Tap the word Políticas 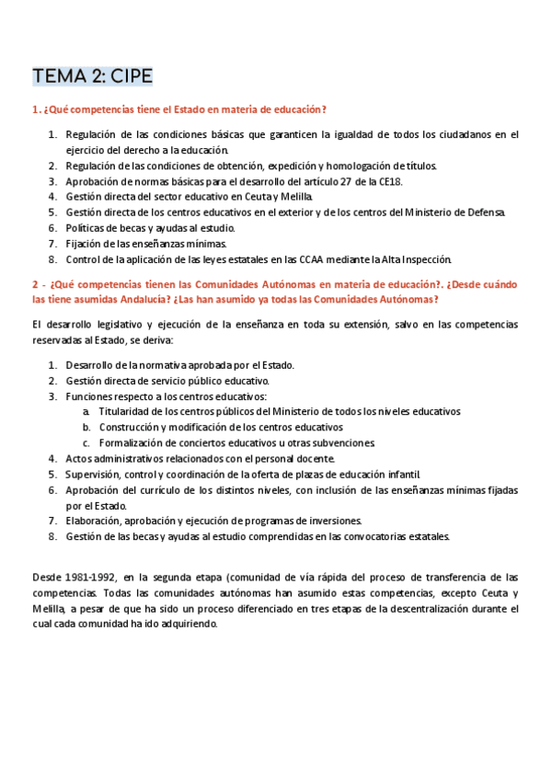(x=87, y=228)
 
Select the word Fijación (x=84, y=244)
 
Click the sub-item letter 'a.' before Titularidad (x=86, y=412)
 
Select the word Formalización (x=137, y=442)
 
